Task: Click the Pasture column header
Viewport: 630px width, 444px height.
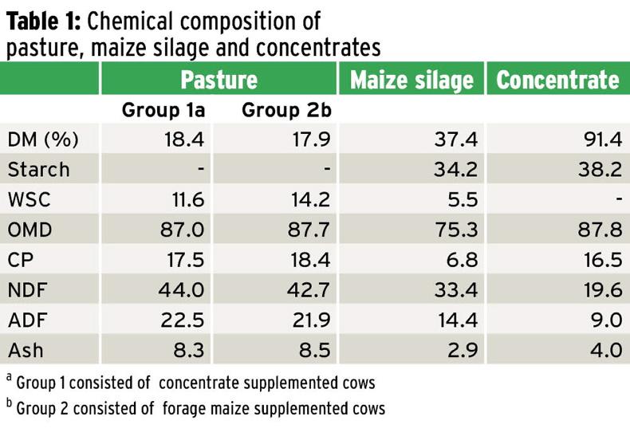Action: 219,80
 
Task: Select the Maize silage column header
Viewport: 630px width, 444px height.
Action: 411,80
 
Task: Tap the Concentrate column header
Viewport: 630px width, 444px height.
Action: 557,80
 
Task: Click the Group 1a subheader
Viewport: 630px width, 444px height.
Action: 163,111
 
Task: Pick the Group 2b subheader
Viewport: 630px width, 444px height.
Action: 286,111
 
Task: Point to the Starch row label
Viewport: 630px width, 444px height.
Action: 38,170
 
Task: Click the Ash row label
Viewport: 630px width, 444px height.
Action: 26,349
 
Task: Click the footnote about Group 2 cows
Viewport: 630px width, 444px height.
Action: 195,409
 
